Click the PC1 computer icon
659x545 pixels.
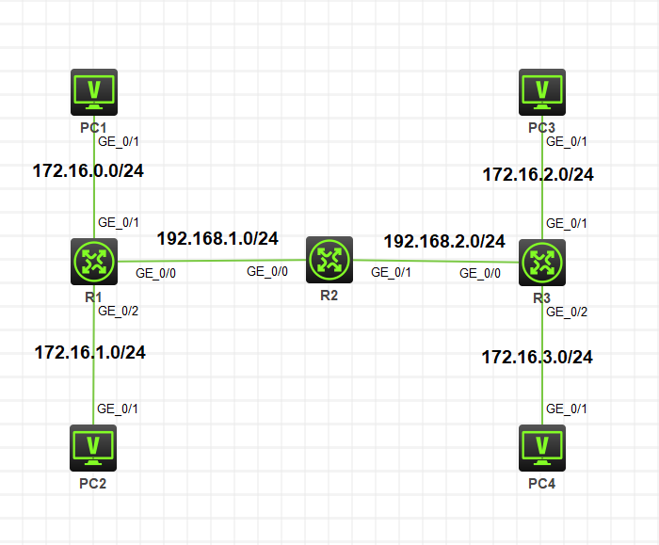(x=94, y=91)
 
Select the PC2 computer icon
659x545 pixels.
(x=94, y=447)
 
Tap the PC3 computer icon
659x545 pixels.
(x=542, y=91)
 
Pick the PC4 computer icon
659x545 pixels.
(x=542, y=447)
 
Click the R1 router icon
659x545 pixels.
(x=94, y=262)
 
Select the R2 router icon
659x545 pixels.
(x=329, y=259)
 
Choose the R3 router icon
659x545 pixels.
(x=542, y=262)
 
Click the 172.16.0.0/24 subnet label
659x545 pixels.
(x=93, y=170)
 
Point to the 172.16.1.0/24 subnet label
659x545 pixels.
(x=90, y=353)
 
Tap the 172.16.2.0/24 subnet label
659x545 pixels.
(x=538, y=174)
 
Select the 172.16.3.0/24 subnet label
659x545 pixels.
(x=537, y=358)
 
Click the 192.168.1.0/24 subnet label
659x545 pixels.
(x=217, y=238)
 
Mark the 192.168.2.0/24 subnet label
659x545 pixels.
(x=444, y=241)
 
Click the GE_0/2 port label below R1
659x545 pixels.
(x=118, y=311)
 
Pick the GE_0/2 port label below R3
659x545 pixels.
(x=566, y=312)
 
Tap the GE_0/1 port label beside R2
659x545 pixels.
(x=391, y=272)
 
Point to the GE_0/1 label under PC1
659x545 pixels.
(x=118, y=141)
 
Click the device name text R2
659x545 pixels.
(x=328, y=295)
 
